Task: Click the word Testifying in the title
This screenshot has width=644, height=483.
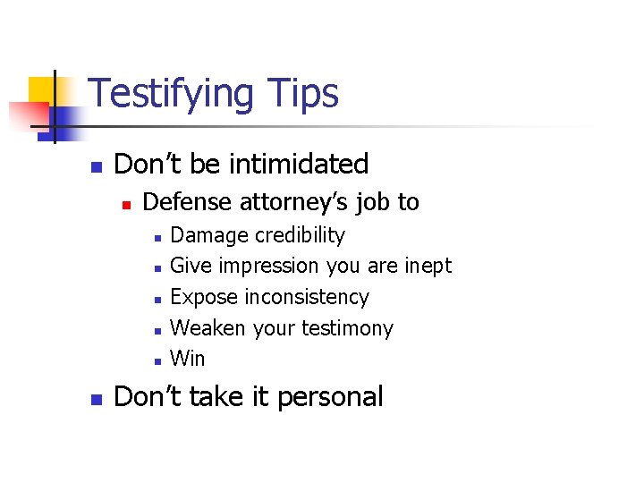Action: (170, 94)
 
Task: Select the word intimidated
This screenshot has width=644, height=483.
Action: (299, 165)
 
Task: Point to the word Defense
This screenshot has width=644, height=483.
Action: (187, 202)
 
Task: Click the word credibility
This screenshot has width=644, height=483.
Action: (300, 235)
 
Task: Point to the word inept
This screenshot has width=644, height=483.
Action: (428, 267)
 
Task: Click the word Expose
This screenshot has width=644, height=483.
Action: (204, 297)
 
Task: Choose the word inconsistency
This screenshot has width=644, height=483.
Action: (306, 297)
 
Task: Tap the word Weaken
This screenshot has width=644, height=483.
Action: (208, 328)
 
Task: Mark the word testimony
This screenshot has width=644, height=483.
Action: (345, 329)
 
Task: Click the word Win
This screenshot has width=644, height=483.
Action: (188, 359)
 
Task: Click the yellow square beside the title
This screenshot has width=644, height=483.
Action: (41, 89)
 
